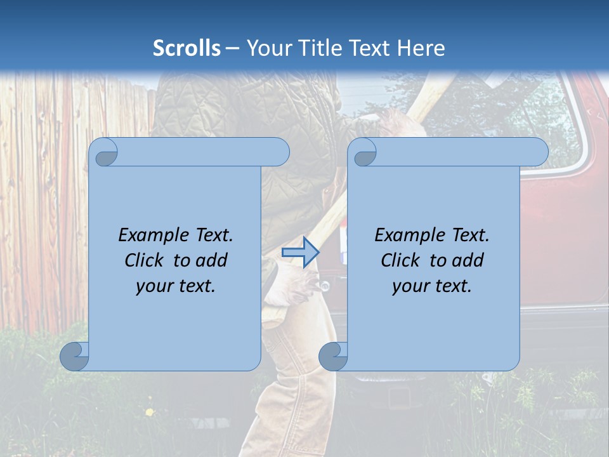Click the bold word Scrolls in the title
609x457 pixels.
click(x=187, y=48)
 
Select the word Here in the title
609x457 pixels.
click(x=421, y=48)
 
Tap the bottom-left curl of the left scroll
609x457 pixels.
click(x=75, y=356)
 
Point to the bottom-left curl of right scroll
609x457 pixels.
click(x=333, y=356)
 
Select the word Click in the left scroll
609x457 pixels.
click(x=143, y=260)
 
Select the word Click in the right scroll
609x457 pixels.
click(x=400, y=260)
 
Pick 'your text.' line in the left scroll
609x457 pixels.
click(x=176, y=286)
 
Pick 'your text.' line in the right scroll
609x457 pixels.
click(x=432, y=286)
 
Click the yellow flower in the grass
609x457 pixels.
click(x=150, y=413)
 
